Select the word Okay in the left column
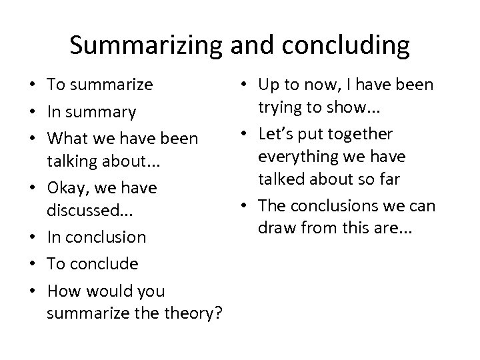click(x=64, y=188)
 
